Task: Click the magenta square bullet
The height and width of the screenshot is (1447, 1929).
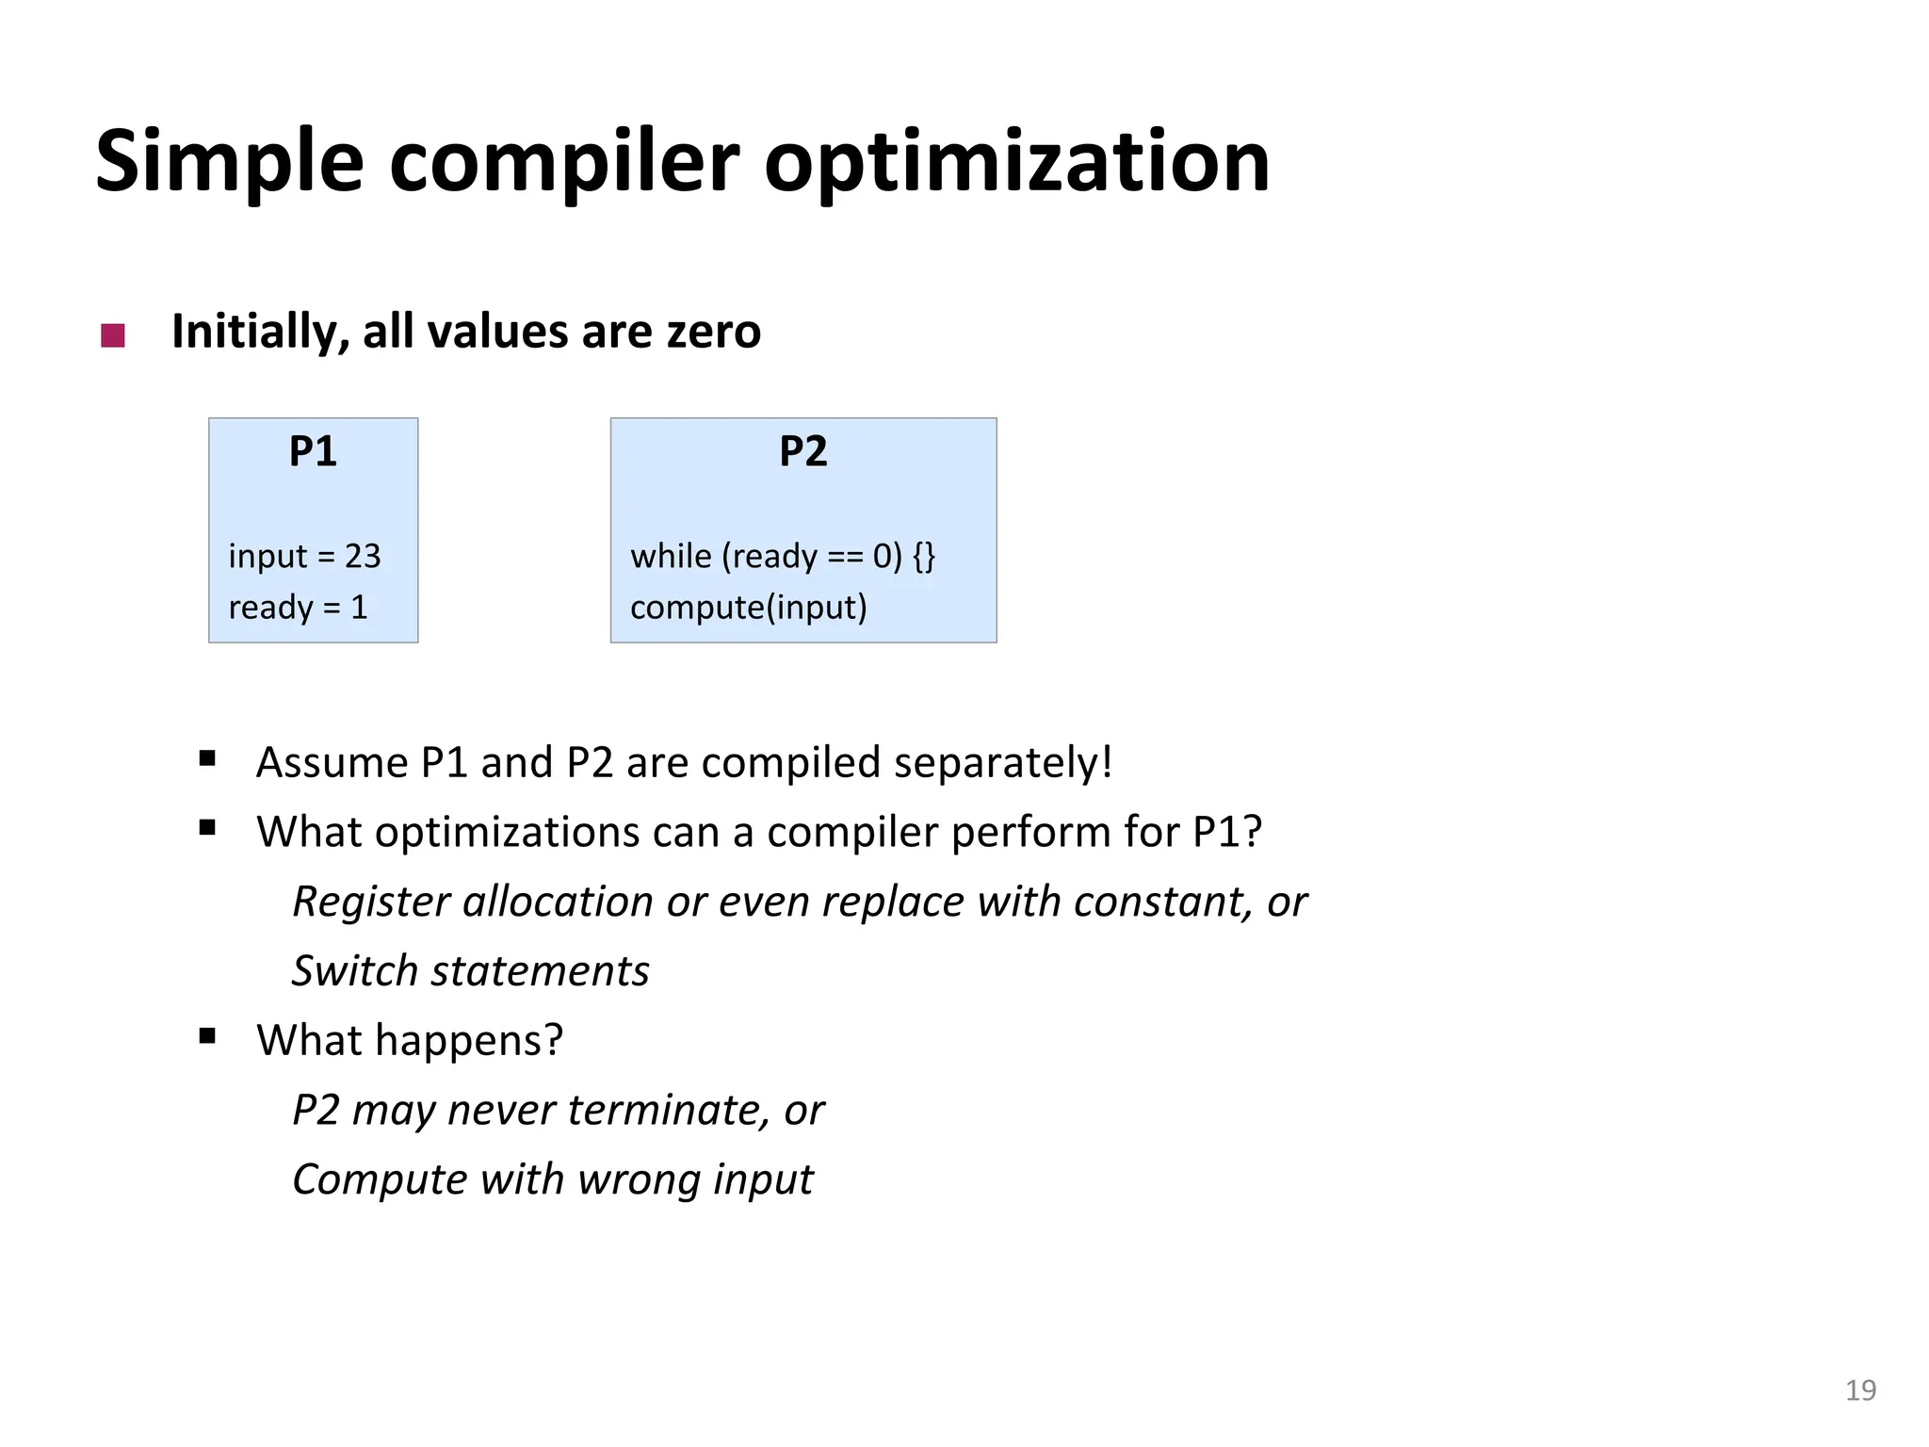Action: tap(113, 335)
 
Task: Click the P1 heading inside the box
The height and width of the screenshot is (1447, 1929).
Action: tap(313, 451)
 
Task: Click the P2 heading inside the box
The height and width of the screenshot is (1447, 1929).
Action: tap(802, 451)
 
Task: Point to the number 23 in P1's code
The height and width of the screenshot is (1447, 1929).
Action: tap(363, 556)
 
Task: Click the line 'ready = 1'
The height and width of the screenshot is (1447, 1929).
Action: tap(298, 608)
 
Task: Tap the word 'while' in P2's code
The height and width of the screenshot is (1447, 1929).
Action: tap(671, 556)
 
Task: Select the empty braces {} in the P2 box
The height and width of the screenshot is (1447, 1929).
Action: tap(924, 556)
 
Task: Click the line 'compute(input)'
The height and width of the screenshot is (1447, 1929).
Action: tap(748, 608)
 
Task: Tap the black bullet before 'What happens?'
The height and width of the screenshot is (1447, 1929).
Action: tap(208, 1037)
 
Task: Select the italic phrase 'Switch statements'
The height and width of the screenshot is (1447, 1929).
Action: tap(470, 971)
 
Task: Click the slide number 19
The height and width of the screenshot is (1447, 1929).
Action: tap(1860, 1390)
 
